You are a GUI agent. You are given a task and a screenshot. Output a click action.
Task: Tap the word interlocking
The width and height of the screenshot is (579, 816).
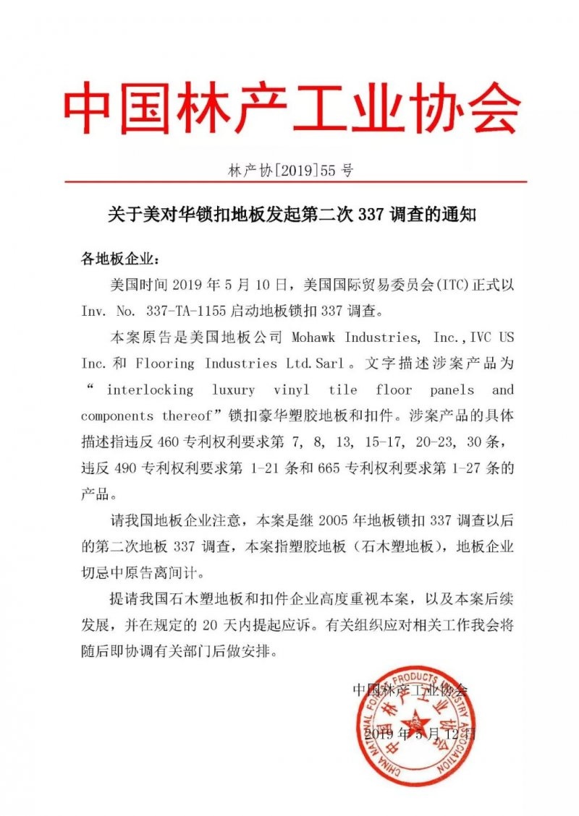150,390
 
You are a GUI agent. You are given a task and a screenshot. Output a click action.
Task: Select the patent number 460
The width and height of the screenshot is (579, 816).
168,442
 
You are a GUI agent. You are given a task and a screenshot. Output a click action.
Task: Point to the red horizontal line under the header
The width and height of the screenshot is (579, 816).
289,182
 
